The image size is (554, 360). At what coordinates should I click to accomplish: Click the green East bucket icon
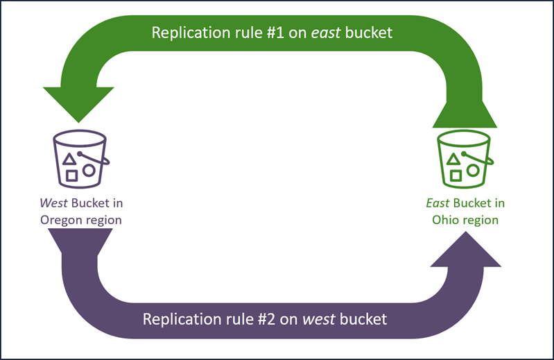[x=463, y=158]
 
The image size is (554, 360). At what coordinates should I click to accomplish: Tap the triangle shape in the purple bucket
[x=69, y=160]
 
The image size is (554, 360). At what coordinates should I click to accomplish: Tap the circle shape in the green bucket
[x=473, y=169]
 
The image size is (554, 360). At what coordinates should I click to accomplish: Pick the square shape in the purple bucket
[x=71, y=174]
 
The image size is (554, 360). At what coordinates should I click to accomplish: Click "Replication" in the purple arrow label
[x=178, y=320]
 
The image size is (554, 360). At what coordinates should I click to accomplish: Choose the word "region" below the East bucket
[x=481, y=220]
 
